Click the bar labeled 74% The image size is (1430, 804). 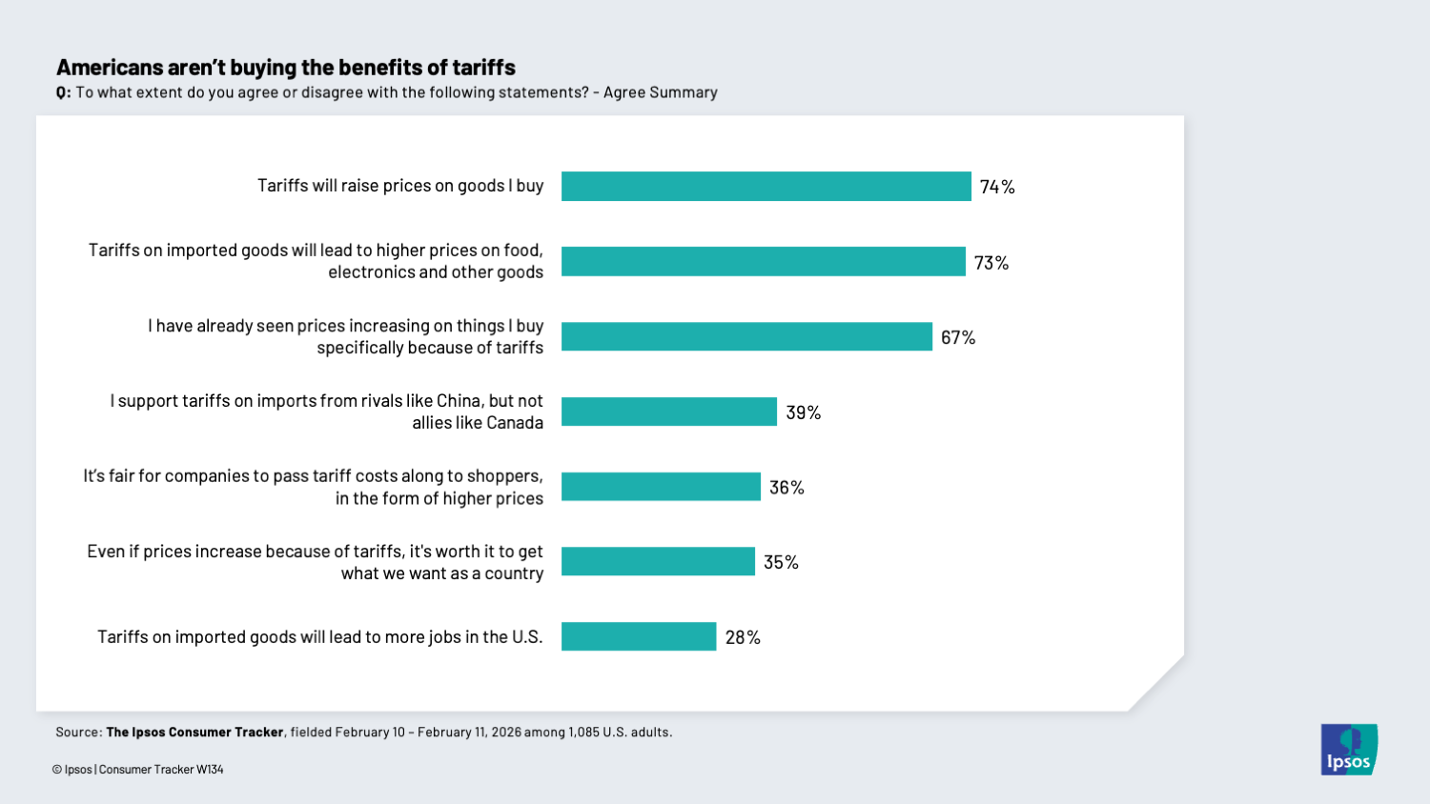point(766,187)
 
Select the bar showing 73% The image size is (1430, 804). point(763,262)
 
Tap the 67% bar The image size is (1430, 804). point(746,337)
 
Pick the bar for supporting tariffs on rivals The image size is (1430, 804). point(668,412)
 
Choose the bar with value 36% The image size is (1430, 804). point(661,487)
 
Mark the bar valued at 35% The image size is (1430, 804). point(658,562)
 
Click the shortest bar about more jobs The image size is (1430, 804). point(639,636)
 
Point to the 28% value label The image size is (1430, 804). point(743,637)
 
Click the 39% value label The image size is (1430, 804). point(803,412)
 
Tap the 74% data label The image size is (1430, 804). point(997,188)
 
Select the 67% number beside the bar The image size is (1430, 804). point(958,338)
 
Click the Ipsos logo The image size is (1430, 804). point(1349,750)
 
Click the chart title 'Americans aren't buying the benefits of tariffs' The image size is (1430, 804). point(286,68)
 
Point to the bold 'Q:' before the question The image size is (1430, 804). point(63,93)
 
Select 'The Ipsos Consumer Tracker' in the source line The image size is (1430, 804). point(194,733)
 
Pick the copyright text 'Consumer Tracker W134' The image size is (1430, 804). point(161,770)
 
